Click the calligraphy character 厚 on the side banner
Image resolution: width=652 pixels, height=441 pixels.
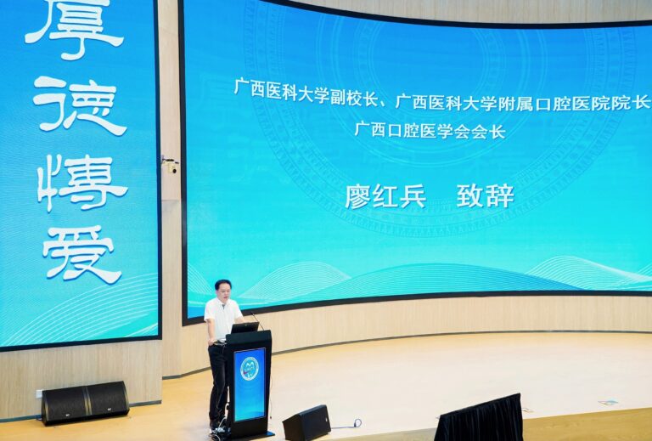pyautogui.click(x=75, y=25)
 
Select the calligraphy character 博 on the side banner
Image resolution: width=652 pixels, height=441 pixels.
pyautogui.click(x=82, y=182)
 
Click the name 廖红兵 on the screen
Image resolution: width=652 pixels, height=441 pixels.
pyautogui.click(x=385, y=196)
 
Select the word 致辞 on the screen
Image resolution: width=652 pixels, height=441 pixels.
pyautogui.click(x=486, y=195)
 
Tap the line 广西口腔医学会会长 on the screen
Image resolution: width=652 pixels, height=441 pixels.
pyautogui.click(x=430, y=130)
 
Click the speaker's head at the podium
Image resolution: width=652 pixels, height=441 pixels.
pyautogui.click(x=223, y=291)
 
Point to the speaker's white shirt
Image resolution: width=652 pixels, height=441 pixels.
pyautogui.click(x=222, y=319)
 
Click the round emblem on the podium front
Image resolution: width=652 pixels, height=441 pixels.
pyautogui.click(x=250, y=368)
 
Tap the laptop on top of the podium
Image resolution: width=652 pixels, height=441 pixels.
pyautogui.click(x=244, y=327)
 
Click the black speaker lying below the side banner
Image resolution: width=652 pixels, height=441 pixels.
pyautogui.click(x=85, y=403)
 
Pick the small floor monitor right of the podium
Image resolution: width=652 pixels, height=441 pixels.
pyautogui.click(x=306, y=422)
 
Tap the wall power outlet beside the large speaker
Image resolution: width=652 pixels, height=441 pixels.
pyautogui.click(x=39, y=393)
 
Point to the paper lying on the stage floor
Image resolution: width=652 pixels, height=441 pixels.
pyautogui.click(x=609, y=402)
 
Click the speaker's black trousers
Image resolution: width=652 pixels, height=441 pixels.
pyautogui.click(x=218, y=383)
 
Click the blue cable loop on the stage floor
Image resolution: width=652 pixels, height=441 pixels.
pyautogui.click(x=357, y=423)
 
